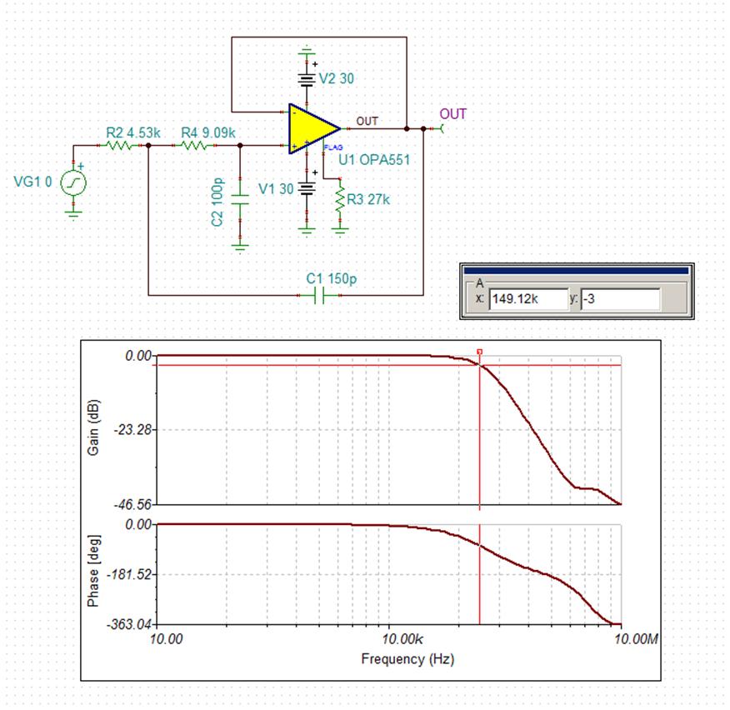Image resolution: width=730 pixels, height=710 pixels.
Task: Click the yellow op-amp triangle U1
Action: coord(310,129)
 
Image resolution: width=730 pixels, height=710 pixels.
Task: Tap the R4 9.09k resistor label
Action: coord(207,132)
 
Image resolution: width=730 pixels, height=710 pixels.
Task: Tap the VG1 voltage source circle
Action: coord(73,182)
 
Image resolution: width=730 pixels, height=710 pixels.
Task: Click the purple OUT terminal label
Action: coord(453,114)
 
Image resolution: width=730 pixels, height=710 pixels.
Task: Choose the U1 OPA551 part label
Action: coord(373,159)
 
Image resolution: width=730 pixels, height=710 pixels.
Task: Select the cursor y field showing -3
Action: coord(620,298)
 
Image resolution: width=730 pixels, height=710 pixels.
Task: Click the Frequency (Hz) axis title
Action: coord(396,660)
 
